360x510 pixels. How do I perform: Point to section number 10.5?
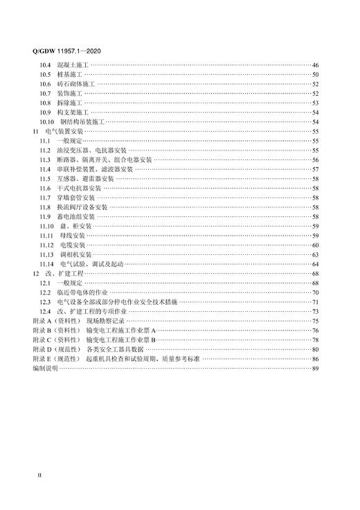[x=45, y=74]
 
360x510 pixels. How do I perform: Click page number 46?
[x=315, y=64]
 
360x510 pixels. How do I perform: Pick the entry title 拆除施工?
[x=70, y=103]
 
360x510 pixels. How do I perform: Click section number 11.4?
[x=45, y=169]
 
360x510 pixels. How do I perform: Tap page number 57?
[x=315, y=169]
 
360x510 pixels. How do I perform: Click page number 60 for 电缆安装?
[x=315, y=245]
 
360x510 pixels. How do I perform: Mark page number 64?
[x=315, y=265]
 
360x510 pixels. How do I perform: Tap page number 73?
[x=315, y=313]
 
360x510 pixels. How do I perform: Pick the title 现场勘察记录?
[x=106, y=322]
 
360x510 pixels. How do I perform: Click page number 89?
[x=315, y=369]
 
